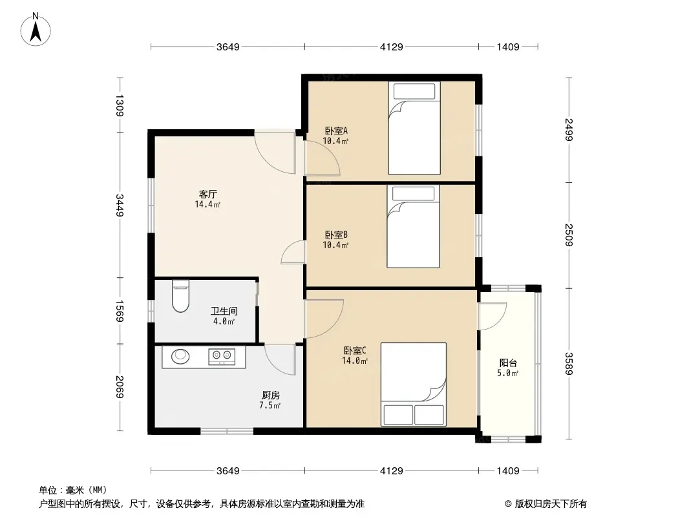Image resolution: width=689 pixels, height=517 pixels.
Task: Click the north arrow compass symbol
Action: pos(36,30)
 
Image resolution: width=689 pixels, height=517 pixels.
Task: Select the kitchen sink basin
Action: pos(180,356)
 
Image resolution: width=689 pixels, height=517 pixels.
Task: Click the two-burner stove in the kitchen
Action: pos(222,357)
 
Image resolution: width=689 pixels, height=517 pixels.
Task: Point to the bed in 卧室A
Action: pos(414,128)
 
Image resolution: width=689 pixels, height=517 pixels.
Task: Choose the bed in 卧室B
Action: pos(413,226)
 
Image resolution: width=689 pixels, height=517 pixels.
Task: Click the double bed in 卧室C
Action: pos(414,385)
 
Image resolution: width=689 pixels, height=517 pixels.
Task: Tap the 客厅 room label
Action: pos(208,194)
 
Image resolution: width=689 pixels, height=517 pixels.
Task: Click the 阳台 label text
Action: pos(508,363)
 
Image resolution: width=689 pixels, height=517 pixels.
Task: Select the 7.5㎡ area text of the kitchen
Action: pos(270,405)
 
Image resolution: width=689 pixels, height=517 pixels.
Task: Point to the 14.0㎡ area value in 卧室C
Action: pos(355,361)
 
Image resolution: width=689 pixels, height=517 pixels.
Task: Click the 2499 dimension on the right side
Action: pos(569,130)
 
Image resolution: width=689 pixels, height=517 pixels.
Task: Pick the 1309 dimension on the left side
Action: pos(120,105)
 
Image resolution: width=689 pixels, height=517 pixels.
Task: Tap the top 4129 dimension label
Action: pos(392,47)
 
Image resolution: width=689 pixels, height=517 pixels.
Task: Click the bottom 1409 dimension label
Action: pos(508,471)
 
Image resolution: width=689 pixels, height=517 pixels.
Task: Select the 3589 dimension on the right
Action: pos(569,364)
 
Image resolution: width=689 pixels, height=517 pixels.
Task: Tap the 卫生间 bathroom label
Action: pos(224,311)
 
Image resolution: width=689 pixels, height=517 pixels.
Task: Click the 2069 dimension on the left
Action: pos(120,386)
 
